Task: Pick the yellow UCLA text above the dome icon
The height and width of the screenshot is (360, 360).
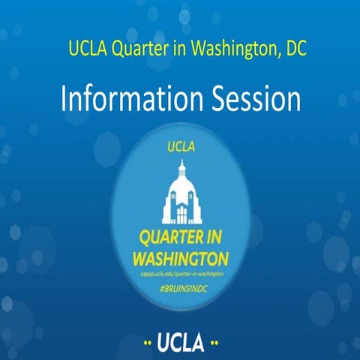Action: [180, 147]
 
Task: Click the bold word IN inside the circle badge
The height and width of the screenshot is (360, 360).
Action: [217, 239]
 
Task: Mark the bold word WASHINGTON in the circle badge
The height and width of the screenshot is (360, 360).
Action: [180, 259]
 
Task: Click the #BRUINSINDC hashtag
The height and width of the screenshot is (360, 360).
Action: [180, 288]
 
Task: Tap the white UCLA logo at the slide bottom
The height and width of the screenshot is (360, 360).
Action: [181, 343]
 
